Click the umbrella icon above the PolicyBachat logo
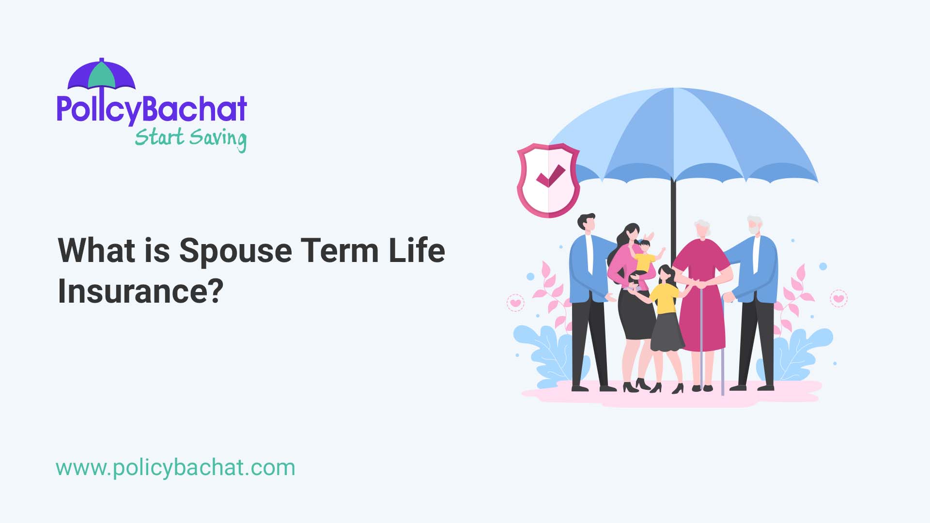point(101,75)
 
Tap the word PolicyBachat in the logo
point(152,109)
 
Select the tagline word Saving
point(218,138)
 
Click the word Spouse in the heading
point(235,251)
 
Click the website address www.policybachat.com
point(175,468)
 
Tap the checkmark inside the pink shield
point(550,176)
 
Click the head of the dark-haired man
point(587,223)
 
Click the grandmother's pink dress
point(702,310)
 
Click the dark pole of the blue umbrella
point(673,213)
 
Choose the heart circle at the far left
point(515,303)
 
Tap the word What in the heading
point(96,251)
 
